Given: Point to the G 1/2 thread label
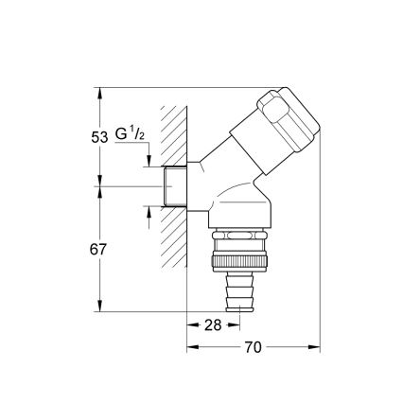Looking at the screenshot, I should [130, 135].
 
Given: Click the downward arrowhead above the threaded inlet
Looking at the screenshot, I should [149, 164].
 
